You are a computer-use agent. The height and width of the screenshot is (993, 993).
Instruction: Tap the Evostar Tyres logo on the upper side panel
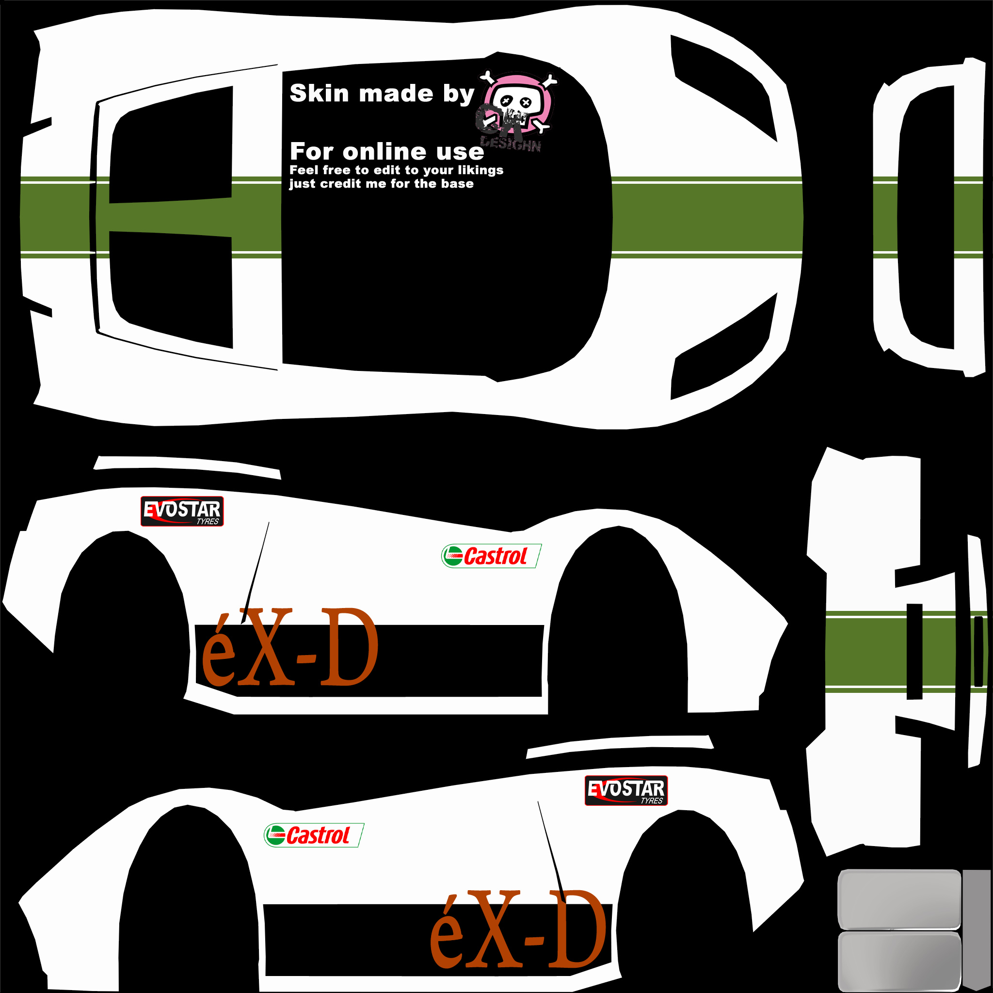point(182,512)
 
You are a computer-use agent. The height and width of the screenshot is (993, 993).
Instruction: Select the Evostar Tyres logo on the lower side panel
point(626,790)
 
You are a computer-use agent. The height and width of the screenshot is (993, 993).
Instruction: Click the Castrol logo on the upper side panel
point(491,556)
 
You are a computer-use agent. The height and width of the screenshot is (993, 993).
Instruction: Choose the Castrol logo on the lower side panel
point(314,835)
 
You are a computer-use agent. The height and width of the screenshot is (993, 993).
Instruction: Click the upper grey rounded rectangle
point(899,899)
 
